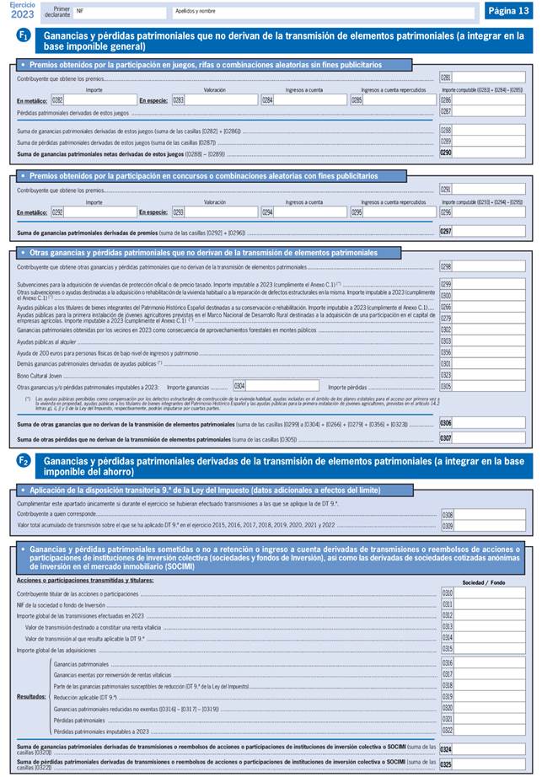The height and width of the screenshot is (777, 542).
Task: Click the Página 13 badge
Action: point(507,11)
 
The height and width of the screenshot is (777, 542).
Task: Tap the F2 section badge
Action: point(24,461)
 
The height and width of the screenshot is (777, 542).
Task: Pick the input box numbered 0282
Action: point(94,99)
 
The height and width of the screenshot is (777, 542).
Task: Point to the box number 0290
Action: point(446,153)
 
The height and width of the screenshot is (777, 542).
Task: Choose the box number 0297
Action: point(446,231)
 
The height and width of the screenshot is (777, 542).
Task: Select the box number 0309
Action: point(446,526)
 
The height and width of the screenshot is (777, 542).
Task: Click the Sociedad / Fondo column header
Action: point(485,582)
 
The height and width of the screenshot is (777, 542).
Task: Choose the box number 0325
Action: point(446,764)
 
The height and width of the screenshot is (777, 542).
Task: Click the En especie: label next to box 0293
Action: point(153,213)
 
